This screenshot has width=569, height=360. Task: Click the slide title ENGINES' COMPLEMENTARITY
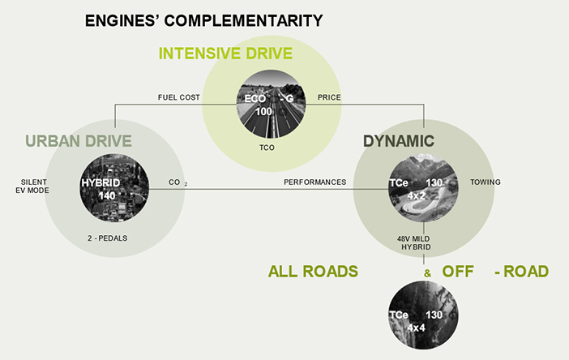204,20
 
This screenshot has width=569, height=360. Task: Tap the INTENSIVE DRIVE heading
225,54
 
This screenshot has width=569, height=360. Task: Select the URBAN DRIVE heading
79,141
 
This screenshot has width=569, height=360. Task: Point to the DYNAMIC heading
399,141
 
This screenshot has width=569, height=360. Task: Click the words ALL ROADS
313,271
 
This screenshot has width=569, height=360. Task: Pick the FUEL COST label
179,97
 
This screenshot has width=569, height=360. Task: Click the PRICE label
329,97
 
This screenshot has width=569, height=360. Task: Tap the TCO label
267,148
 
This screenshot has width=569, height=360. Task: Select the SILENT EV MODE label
32,186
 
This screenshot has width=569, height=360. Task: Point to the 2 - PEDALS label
108,238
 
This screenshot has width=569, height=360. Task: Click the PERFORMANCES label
315,182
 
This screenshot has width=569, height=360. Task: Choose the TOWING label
486,182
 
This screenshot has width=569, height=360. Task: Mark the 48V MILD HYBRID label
413,242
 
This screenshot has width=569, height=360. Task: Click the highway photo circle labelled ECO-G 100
271,104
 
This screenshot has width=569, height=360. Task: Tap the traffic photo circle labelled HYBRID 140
114,187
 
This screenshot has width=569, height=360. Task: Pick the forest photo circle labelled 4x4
423,315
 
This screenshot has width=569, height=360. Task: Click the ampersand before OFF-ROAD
427,273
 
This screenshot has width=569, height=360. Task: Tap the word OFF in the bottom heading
458,271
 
